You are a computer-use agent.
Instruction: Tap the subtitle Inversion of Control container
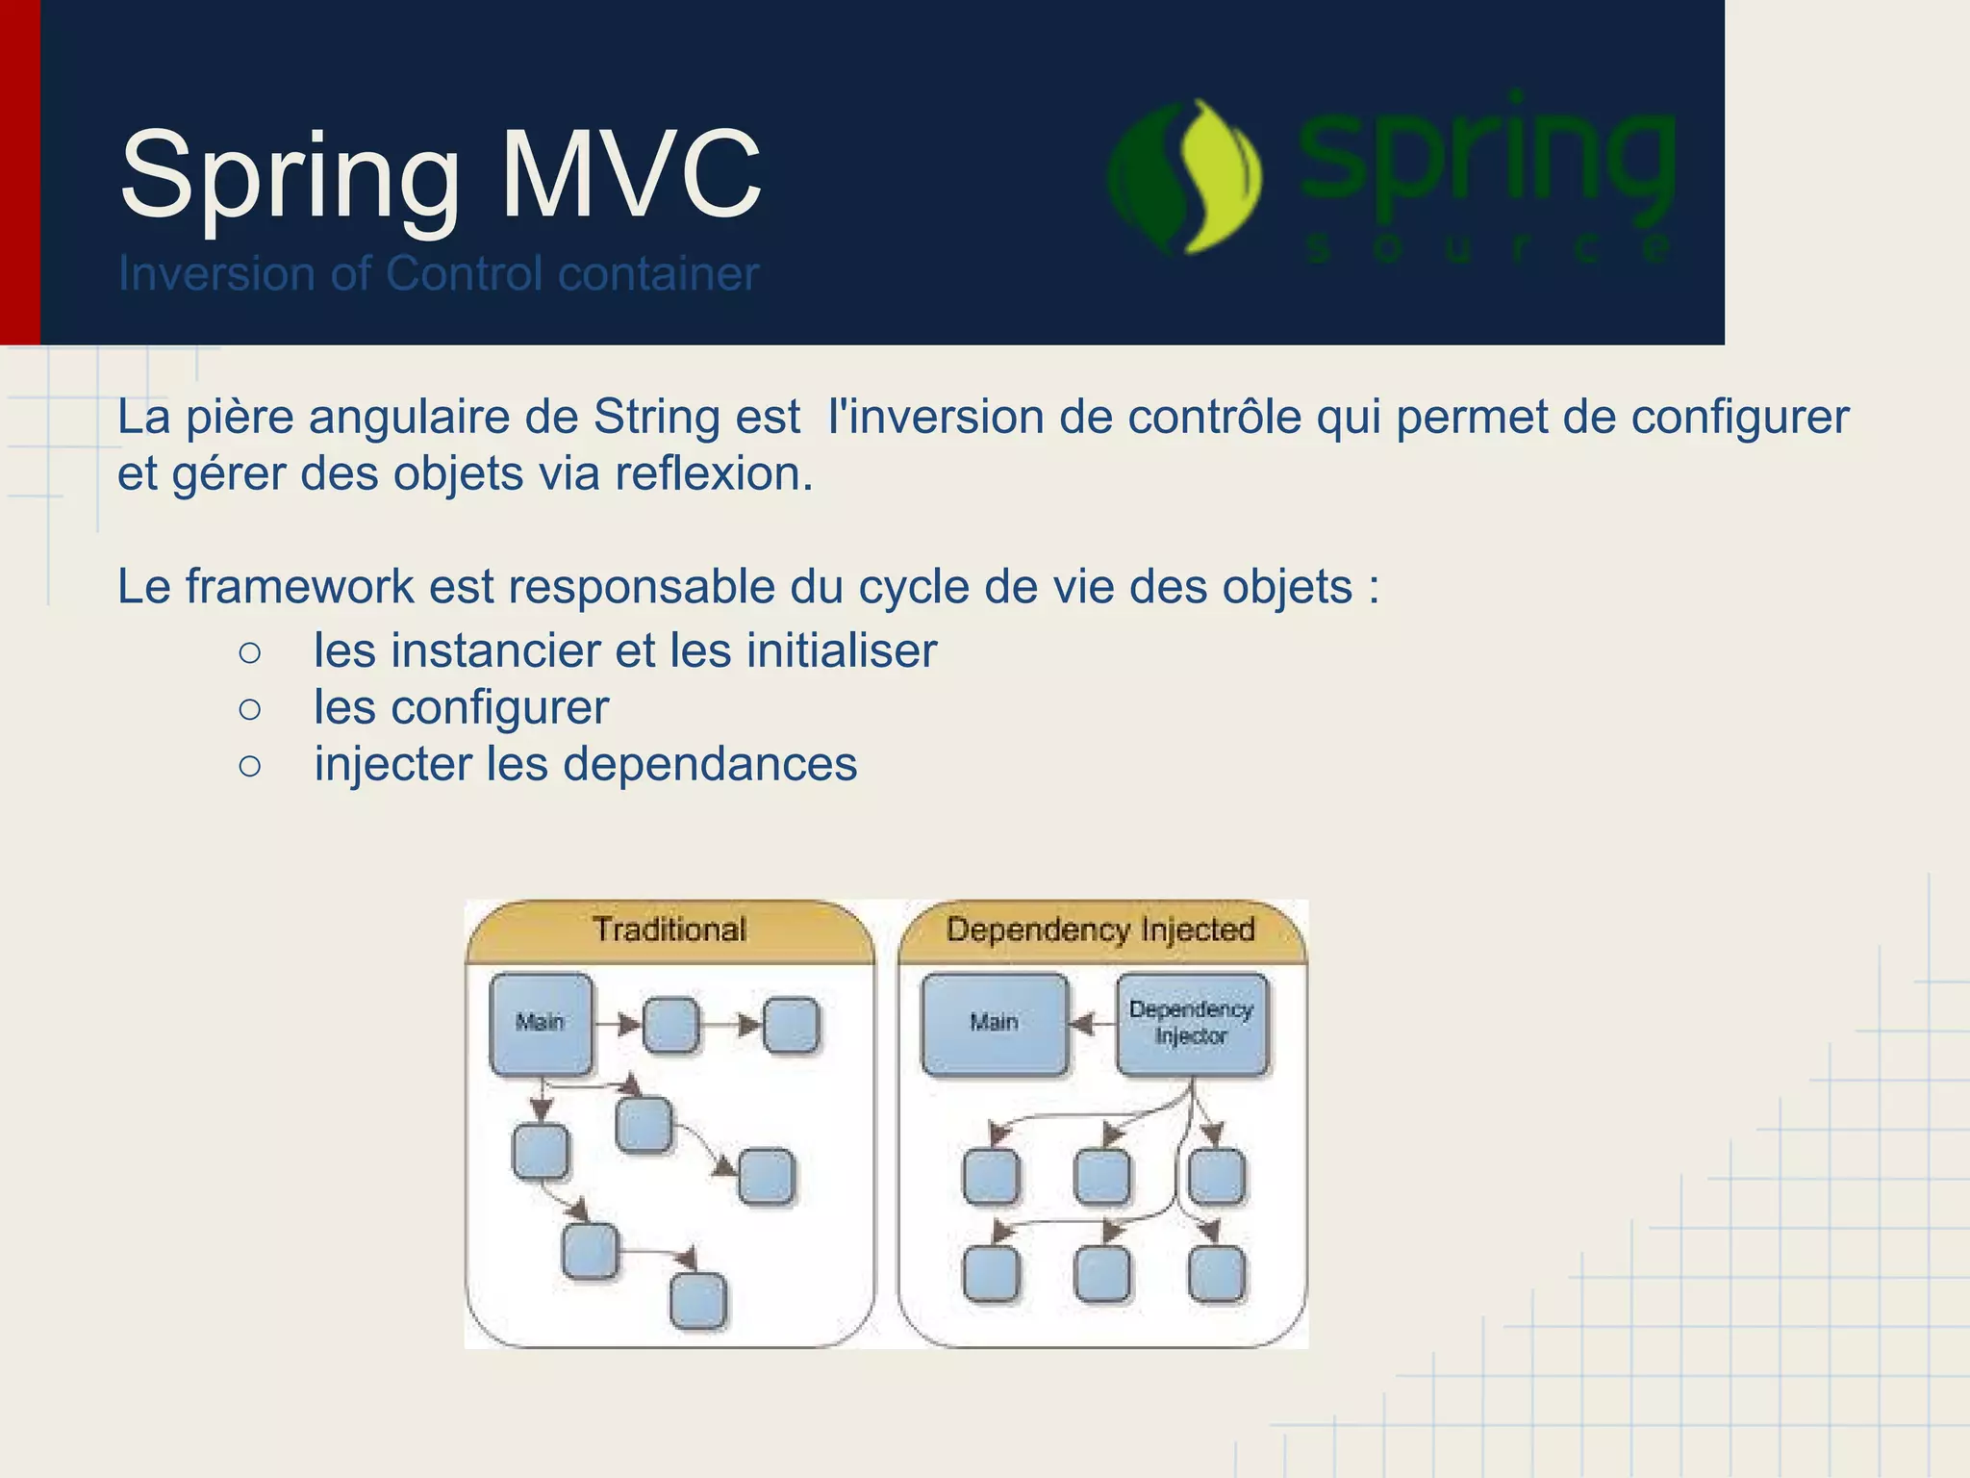[x=438, y=274]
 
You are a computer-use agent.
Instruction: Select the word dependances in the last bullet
[x=709, y=765]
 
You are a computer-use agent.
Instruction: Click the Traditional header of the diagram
[x=669, y=930]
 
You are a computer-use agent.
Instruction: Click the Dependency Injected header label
[x=1100, y=930]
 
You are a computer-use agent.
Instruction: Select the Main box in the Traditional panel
[x=541, y=1023]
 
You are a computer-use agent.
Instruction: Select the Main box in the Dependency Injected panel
[x=994, y=1023]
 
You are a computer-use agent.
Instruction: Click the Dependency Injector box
[x=1192, y=1023]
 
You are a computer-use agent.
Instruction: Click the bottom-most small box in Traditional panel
[x=697, y=1301]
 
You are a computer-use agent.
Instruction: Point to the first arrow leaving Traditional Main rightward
[x=618, y=1024]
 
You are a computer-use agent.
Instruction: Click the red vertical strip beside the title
[x=19, y=173]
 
